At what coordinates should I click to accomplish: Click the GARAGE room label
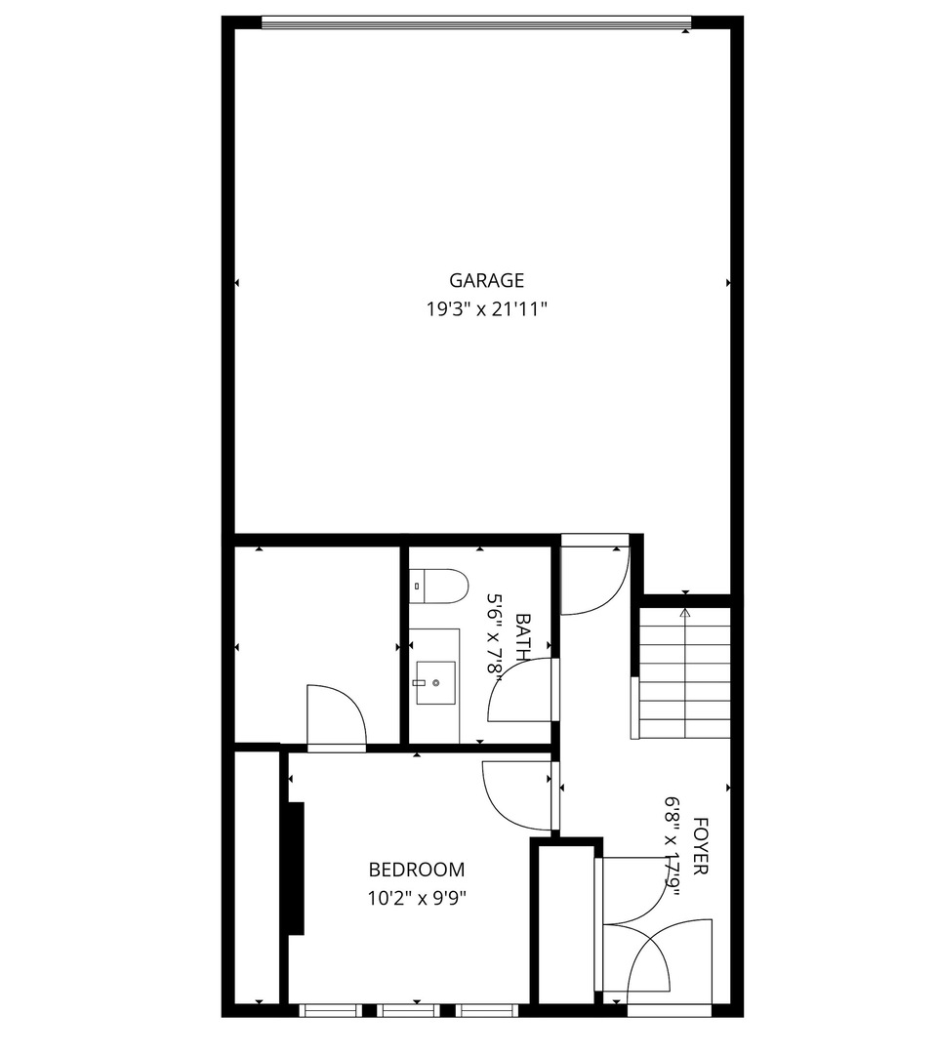(486, 281)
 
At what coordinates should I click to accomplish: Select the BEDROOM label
(416, 870)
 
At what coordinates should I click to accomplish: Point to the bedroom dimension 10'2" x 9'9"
(416, 898)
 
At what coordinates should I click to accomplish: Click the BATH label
(523, 635)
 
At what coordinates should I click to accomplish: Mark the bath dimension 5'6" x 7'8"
(497, 635)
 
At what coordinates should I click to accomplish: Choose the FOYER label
(699, 845)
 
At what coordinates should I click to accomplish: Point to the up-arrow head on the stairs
(685, 613)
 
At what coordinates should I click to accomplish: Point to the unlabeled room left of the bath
(317, 634)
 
